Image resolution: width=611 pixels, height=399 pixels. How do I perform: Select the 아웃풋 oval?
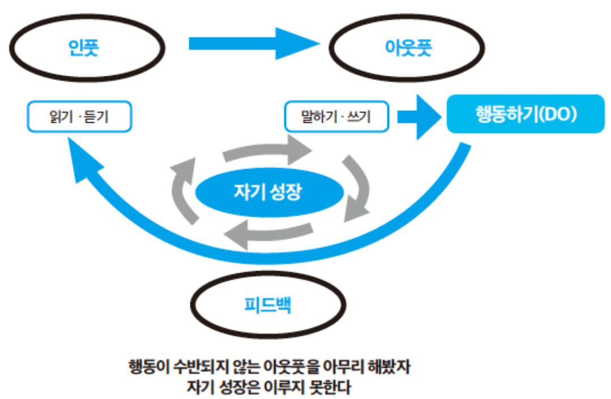tap(406, 49)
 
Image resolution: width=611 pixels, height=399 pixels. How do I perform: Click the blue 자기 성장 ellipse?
tap(269, 192)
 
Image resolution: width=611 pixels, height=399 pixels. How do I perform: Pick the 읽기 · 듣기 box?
tap(79, 117)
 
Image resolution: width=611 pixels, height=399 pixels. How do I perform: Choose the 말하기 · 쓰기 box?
tap(336, 117)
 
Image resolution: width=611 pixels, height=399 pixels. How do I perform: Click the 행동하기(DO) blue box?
tap(525, 114)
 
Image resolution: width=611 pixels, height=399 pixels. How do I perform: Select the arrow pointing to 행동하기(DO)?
tap(419, 117)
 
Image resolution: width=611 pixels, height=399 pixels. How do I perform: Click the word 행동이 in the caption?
tap(148, 368)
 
